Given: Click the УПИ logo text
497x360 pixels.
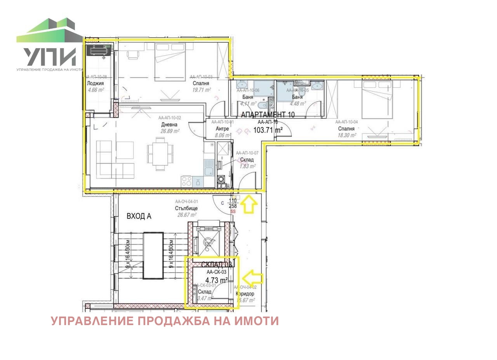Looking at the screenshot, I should click(49, 57).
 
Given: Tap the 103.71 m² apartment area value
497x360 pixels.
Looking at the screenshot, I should click(268, 130).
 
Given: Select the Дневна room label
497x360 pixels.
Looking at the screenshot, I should click(169, 125).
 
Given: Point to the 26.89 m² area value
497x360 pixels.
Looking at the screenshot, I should click(170, 131).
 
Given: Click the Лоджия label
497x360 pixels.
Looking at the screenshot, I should click(96, 83).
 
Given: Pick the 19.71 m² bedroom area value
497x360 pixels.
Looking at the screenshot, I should click(201, 90).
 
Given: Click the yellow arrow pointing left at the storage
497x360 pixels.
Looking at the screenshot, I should click(252, 278).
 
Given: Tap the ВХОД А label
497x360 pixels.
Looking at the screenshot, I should click(139, 216).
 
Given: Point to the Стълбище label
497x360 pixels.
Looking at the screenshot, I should click(186, 208).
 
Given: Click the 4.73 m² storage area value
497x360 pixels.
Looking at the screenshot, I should click(216, 280).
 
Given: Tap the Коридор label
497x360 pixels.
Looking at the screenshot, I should click(245, 294).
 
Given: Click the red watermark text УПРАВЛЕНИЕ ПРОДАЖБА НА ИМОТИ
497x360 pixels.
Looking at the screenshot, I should click(165, 321).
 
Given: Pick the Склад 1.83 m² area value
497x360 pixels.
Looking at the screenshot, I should click(247, 166).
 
